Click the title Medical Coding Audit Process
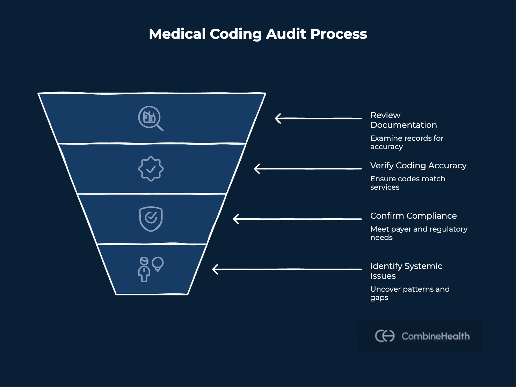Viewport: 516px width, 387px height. click(x=258, y=34)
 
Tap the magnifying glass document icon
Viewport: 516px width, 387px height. click(x=151, y=118)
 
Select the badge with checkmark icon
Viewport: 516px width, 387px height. click(x=151, y=169)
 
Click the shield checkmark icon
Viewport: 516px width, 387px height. click(x=151, y=219)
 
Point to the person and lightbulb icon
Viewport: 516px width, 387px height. click(x=151, y=269)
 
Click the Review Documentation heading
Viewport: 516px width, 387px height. click(x=403, y=120)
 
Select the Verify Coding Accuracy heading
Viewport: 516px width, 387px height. click(x=418, y=166)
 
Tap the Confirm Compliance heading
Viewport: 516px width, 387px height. click(x=413, y=216)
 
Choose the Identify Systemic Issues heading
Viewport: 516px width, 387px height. click(x=406, y=271)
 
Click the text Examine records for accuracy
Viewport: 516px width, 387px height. click(x=406, y=143)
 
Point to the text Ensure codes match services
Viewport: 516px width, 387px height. click(x=407, y=183)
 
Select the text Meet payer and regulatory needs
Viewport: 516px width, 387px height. click(x=419, y=233)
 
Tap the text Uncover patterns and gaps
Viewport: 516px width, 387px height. click(x=409, y=293)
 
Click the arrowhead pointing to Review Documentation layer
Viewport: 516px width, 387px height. click(x=278, y=118)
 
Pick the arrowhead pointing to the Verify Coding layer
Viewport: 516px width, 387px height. click(x=257, y=169)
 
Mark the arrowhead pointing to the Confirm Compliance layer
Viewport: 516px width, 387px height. click(x=236, y=219)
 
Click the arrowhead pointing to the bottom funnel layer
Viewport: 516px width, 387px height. click(x=215, y=269)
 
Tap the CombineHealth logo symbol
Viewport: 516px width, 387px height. click(x=385, y=336)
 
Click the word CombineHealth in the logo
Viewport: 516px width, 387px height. click(x=435, y=336)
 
